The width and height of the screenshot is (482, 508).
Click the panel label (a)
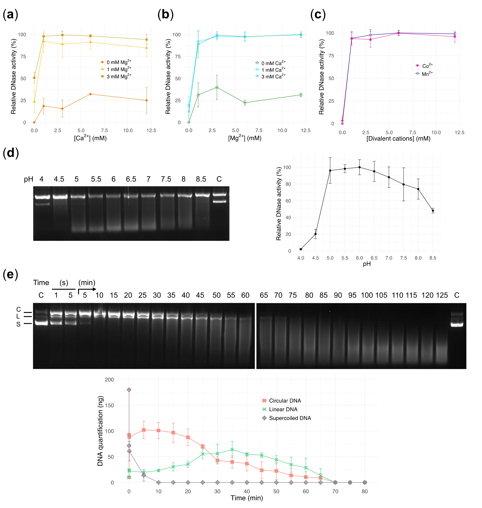pos(10,15)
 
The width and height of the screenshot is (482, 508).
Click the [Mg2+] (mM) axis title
pos(245,138)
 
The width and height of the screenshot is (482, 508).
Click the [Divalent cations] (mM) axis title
pos(398,139)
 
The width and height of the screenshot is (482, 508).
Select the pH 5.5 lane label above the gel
pos(96,179)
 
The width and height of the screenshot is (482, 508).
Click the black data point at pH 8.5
pos(433,211)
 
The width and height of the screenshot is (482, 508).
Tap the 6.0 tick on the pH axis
pos(360,258)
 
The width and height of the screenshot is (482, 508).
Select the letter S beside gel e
pos(18,324)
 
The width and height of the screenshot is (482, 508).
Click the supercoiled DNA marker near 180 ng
pos(129,390)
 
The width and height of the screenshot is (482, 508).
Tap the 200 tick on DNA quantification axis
pos(109,379)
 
